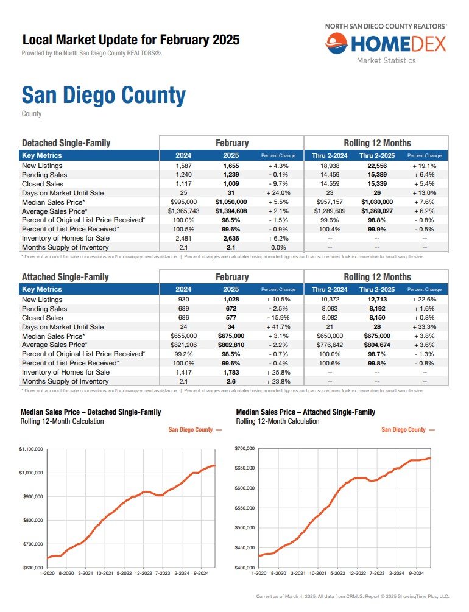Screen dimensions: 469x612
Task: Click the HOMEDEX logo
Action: pyautogui.click(x=386, y=43)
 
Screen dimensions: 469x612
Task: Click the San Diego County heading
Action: pyautogui.click(x=104, y=95)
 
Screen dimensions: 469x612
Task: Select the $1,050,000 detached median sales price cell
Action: pyautogui.click(x=231, y=202)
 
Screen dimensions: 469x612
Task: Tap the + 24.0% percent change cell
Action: pyautogui.click(x=278, y=193)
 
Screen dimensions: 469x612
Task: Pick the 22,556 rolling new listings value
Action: pyautogui.click(x=377, y=166)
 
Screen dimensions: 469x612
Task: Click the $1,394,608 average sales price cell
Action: pyautogui.click(x=231, y=211)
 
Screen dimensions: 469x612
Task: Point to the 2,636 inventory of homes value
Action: pyautogui.click(x=231, y=238)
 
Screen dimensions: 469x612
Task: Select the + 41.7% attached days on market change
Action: pyautogui.click(x=278, y=326)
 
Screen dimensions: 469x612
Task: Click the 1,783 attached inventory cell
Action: pyautogui.click(x=231, y=372)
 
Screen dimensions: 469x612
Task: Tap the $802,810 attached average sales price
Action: pyautogui.click(x=231, y=345)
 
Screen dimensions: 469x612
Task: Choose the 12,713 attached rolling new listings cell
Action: pyautogui.click(x=377, y=300)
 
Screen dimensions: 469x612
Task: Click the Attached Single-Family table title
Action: pyautogui.click(x=65, y=277)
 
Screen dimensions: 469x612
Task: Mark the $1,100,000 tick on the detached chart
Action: pyautogui.click(x=31, y=449)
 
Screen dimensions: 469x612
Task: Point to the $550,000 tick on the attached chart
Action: pyautogui.click(x=244, y=508)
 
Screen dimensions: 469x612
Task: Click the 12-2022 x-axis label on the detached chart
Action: pyautogui.click(x=143, y=574)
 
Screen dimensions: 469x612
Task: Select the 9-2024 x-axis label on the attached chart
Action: pyautogui.click(x=416, y=574)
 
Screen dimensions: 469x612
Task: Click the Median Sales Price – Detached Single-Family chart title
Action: pyautogui.click(x=91, y=412)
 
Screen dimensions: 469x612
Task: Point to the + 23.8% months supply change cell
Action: pyautogui.click(x=278, y=382)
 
